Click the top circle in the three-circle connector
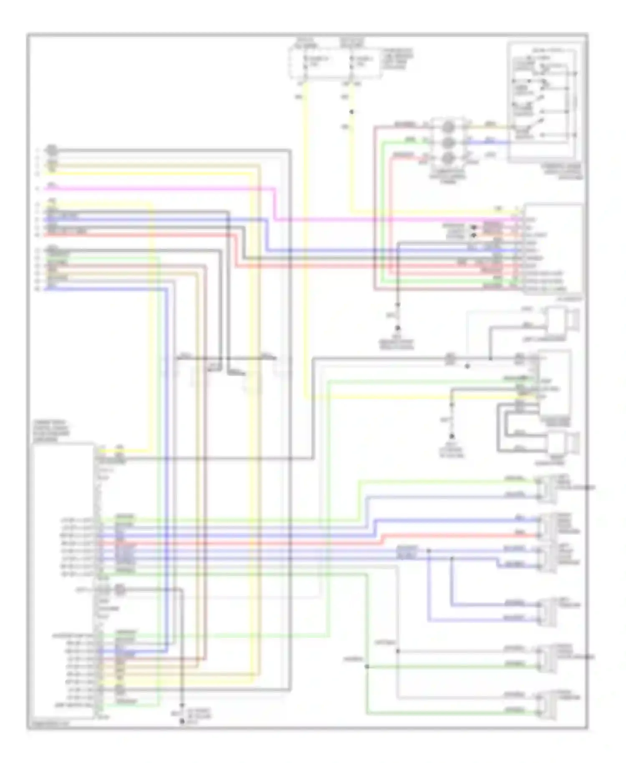448,126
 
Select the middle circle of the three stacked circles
448,142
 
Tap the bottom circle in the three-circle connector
448,158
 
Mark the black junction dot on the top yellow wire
351,112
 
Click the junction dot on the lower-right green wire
367,667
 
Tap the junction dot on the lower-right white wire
397,651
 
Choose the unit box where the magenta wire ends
553,249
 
